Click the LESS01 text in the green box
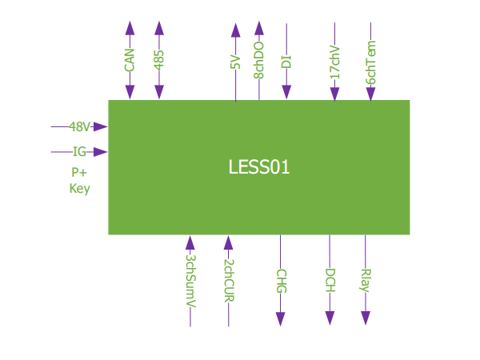[x=258, y=167]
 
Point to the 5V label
[x=235, y=62]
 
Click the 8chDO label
[x=259, y=60]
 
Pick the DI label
[x=286, y=62]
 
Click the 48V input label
[x=79, y=126]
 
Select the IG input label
[x=79, y=152]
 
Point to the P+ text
[x=79, y=173]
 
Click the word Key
[x=79, y=189]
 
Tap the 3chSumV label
[x=190, y=281]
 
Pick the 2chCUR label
[x=229, y=280]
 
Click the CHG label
[x=281, y=281]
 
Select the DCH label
[x=330, y=281]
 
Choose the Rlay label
[x=366, y=281]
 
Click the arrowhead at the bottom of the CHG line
[x=281, y=318]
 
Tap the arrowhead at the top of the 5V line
[x=235, y=30]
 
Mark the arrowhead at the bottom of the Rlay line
[x=366, y=318]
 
